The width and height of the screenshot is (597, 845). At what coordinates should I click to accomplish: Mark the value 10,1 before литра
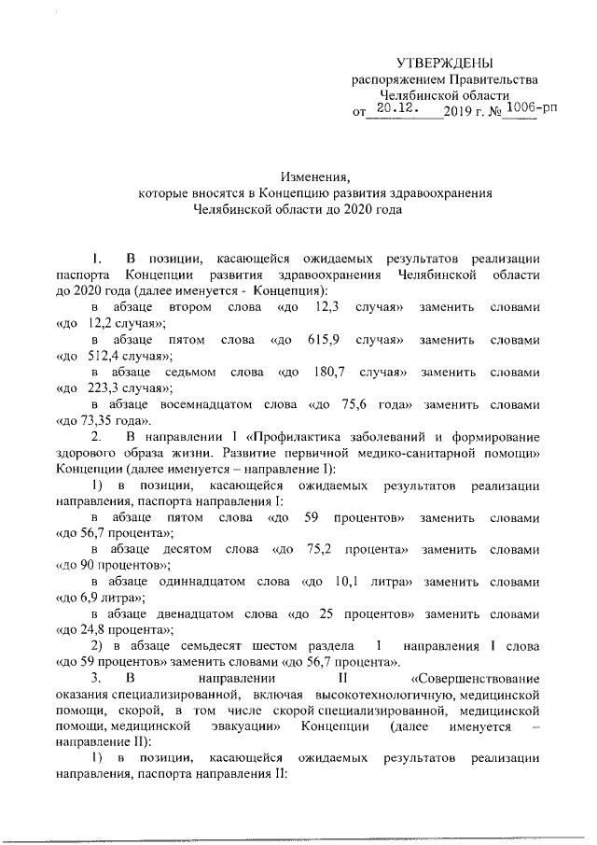[347, 583]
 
